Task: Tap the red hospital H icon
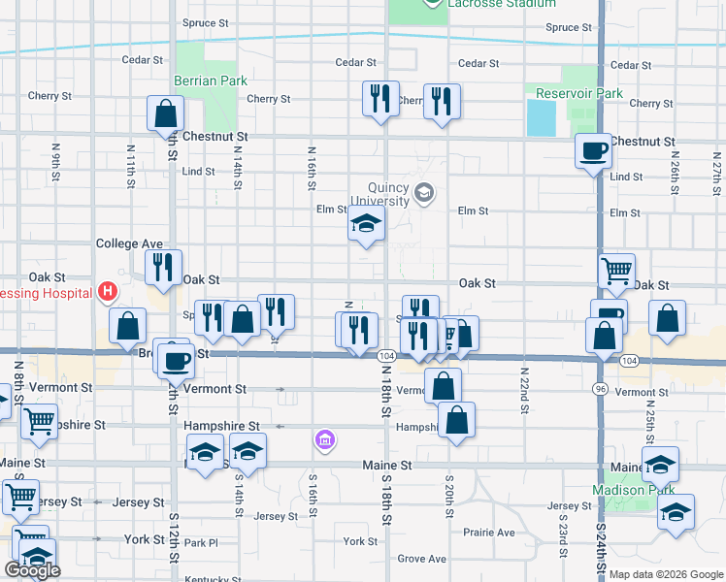click(108, 291)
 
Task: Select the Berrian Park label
click(211, 81)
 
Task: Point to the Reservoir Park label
click(579, 94)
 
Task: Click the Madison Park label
click(634, 490)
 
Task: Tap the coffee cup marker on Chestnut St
click(593, 150)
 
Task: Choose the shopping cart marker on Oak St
click(617, 271)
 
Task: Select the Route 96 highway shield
click(602, 388)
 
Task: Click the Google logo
click(32, 570)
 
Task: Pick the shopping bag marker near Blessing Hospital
click(127, 326)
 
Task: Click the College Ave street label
click(129, 243)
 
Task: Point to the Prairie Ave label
click(489, 533)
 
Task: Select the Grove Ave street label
click(421, 559)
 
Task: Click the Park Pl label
click(201, 542)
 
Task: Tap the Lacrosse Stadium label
click(501, 4)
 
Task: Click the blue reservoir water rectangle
click(537, 117)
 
